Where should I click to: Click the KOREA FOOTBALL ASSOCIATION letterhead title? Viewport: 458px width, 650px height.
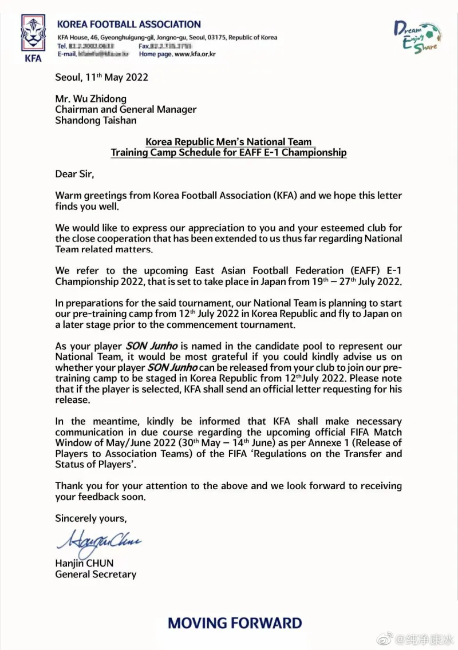pos(129,25)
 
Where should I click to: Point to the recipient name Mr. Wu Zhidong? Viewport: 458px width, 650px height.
pos(91,98)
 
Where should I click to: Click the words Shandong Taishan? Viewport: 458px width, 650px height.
pos(96,120)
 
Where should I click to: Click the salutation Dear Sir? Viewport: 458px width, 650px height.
pos(74,174)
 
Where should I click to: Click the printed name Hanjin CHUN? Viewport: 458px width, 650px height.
pos(84,564)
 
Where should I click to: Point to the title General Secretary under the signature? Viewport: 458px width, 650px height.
pos(96,574)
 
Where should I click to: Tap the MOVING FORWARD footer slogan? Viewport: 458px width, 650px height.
pos(235,623)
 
